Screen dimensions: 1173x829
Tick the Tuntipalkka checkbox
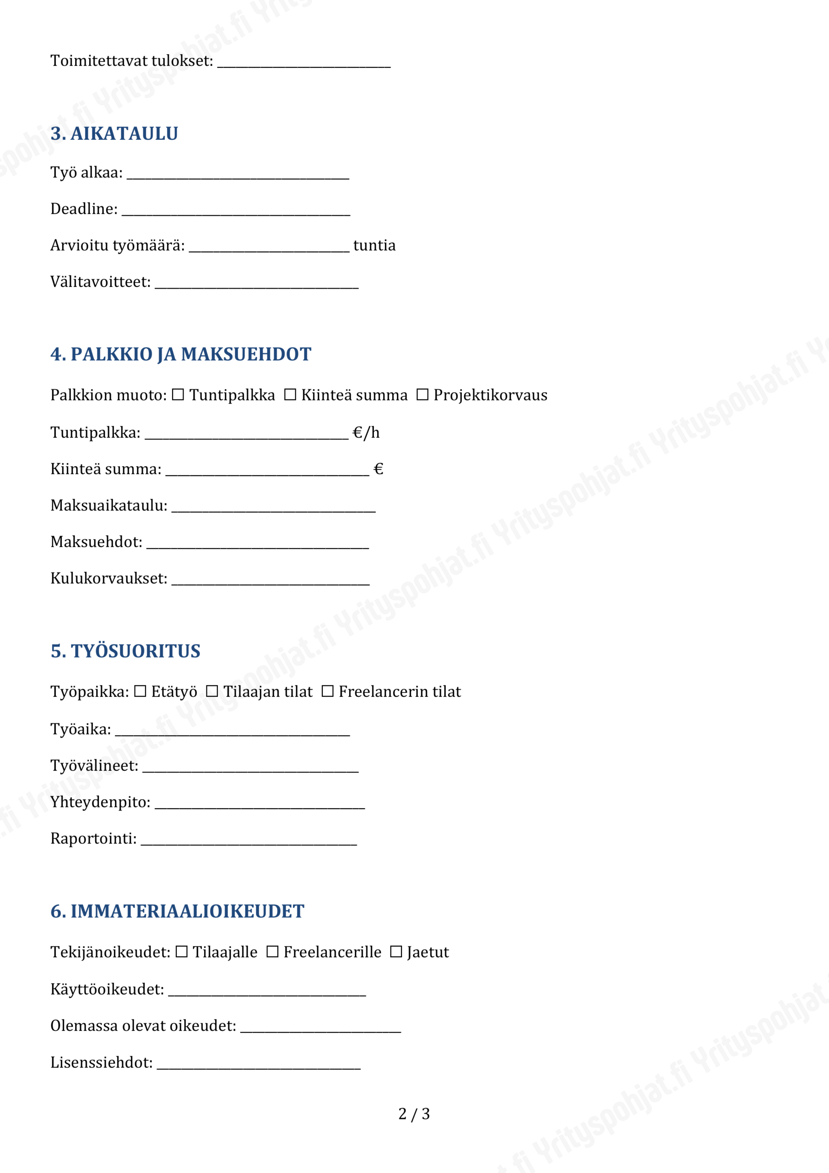(178, 395)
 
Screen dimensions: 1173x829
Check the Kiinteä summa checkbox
(290, 395)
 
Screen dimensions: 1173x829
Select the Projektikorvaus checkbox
(422, 395)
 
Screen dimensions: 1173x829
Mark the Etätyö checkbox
(140, 691)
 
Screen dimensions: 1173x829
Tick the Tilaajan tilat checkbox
(212, 691)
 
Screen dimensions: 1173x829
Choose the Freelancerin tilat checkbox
(328, 691)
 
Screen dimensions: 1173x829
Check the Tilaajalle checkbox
(181, 952)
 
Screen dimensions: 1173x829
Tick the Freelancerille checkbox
(272, 952)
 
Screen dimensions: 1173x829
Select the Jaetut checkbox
(396, 952)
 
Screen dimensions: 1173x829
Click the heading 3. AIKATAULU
(114, 134)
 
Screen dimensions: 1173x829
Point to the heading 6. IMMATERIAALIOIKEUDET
(177, 911)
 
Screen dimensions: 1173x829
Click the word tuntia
(374, 246)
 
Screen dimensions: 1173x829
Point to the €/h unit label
(366, 433)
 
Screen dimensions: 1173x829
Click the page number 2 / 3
(414, 1114)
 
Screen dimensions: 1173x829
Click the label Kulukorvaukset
(109, 578)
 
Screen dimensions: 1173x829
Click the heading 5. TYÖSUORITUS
(125, 652)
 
